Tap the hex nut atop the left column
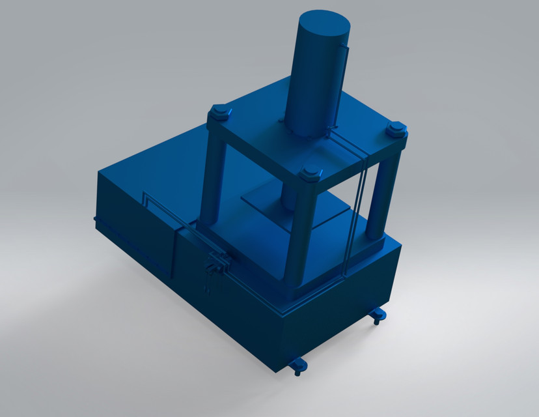[219, 113]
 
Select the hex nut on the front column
[310, 173]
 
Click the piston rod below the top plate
[290, 194]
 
